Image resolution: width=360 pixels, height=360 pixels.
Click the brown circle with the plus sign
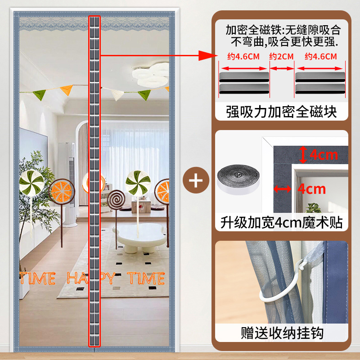pyautogui.click(x=196, y=181)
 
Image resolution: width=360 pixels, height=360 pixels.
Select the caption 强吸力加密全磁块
pyautogui.click(x=281, y=111)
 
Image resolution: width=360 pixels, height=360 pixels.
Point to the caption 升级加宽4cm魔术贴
pyautogui.click(x=281, y=222)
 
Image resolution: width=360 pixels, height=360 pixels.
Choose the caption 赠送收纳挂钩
pyautogui.click(x=281, y=333)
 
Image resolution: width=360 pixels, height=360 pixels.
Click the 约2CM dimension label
pyautogui.click(x=281, y=56)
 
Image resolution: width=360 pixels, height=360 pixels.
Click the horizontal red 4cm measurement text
pyautogui.click(x=311, y=189)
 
